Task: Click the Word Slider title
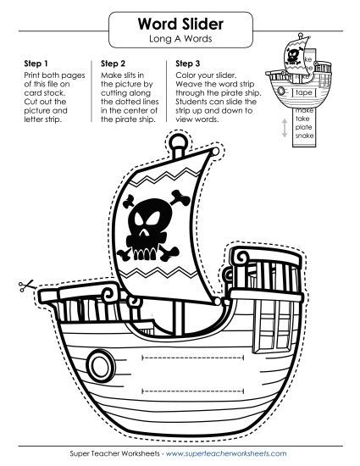coord(180,24)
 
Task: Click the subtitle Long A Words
coord(180,39)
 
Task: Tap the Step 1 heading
coord(36,64)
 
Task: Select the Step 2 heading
coord(113,64)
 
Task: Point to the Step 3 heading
coord(188,64)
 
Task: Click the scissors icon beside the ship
coord(26,286)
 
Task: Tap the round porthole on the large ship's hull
coord(101,365)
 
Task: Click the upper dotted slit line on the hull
coord(193,358)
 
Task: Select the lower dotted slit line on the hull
coord(193,391)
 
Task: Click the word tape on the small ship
coord(303,92)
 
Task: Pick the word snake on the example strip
coord(304,136)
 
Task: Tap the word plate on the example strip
coord(303,127)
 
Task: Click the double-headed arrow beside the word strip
coord(285,128)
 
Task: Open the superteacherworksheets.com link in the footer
coord(226,453)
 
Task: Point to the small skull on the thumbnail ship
coord(293,57)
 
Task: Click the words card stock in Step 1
coord(45,93)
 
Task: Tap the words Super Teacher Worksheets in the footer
coord(114,453)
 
